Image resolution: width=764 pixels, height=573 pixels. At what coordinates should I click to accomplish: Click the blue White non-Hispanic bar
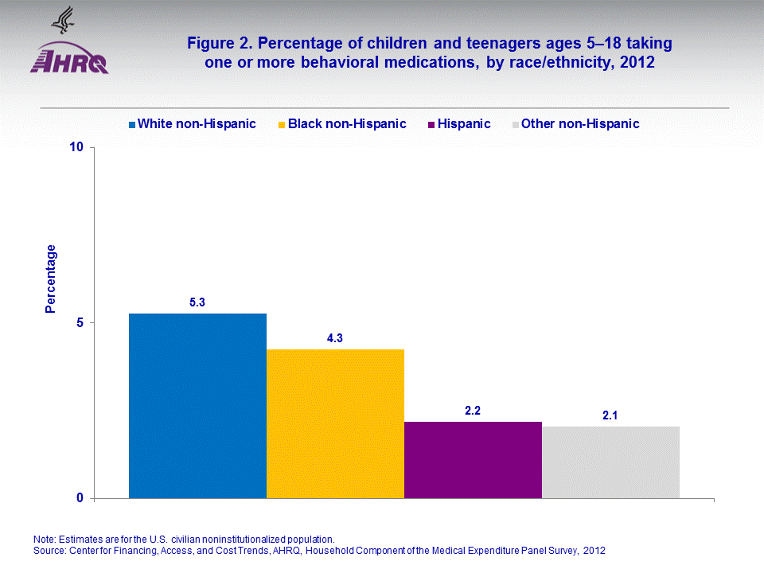(x=197, y=406)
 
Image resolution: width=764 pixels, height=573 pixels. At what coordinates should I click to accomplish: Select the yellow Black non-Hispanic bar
(x=335, y=423)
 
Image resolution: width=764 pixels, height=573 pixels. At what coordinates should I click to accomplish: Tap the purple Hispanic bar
(x=473, y=460)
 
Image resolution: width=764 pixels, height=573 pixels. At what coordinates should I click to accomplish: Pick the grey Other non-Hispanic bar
(x=610, y=462)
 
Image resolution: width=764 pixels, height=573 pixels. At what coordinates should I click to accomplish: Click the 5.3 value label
(x=197, y=302)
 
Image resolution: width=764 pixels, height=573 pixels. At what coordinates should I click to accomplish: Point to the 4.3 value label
(x=335, y=338)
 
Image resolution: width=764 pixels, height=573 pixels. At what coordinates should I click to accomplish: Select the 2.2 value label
(x=473, y=411)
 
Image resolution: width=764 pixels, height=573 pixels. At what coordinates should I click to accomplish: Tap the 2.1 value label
(x=610, y=415)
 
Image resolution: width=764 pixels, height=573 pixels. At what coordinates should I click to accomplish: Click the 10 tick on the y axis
(x=76, y=148)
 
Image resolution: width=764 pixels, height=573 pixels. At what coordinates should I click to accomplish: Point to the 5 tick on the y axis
(x=80, y=323)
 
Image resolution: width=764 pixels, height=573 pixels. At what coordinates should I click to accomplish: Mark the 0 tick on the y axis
(x=80, y=498)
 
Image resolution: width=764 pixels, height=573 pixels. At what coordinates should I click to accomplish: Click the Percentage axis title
(x=51, y=279)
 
